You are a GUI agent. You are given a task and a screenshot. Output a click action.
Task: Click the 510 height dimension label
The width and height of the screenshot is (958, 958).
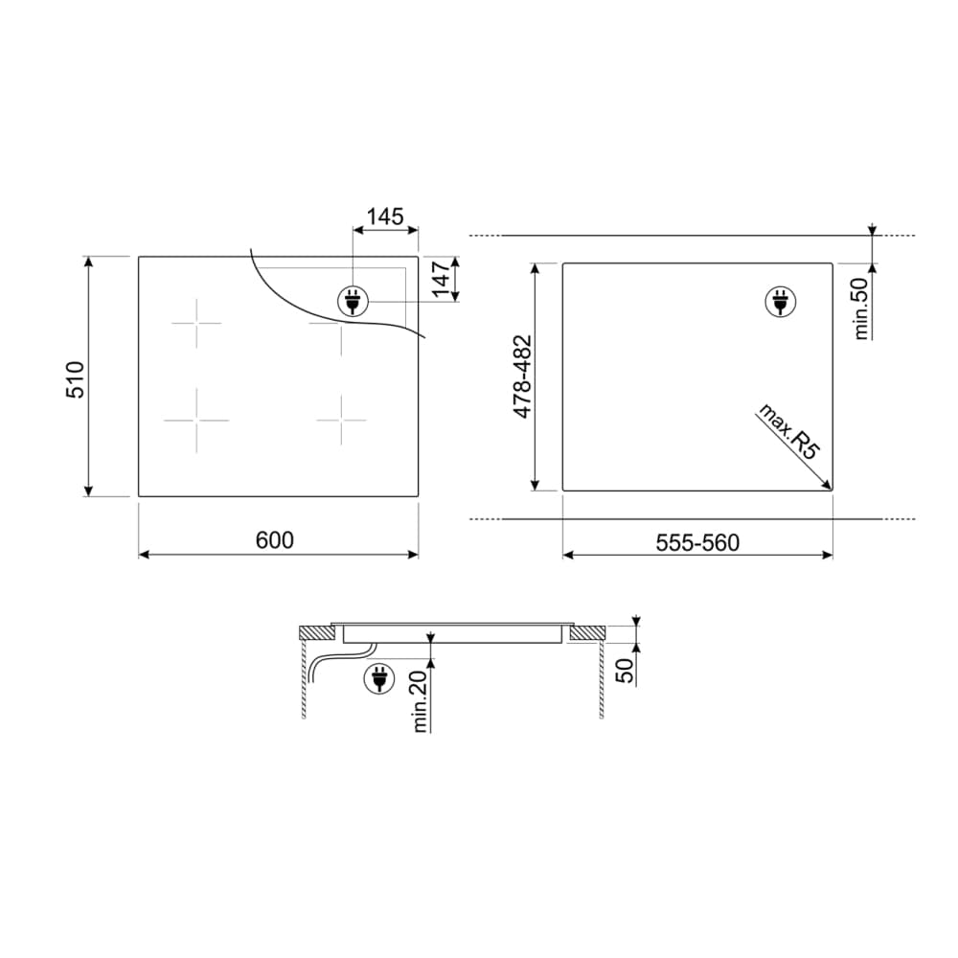coord(75,379)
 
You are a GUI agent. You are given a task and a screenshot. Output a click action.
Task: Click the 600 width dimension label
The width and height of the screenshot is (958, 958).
coord(275,540)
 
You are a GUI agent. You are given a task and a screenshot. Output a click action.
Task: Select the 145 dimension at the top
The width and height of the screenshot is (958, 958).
coord(385,217)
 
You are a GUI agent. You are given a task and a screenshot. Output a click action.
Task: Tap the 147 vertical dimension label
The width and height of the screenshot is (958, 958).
coord(442,278)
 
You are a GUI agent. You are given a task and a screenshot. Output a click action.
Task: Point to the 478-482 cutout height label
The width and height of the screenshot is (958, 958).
coord(522,376)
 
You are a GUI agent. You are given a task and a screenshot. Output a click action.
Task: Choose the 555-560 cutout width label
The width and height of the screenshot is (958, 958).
coord(697,542)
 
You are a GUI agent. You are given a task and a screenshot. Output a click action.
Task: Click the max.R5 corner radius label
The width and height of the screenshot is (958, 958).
coord(788,431)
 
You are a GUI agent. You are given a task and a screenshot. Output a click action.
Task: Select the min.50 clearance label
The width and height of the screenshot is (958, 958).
coord(861,308)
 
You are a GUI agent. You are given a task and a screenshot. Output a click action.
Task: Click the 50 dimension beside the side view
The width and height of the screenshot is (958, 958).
coord(626,672)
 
